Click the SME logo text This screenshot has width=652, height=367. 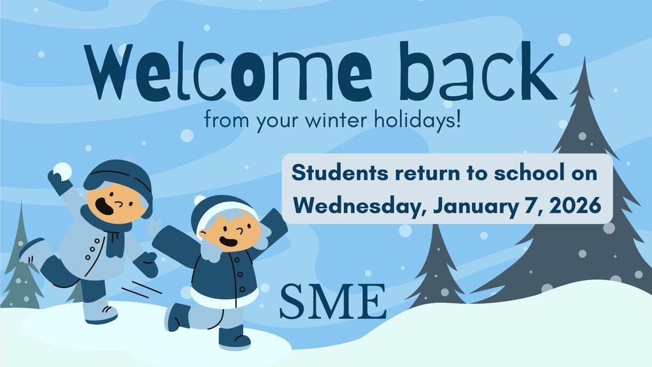pyautogui.click(x=333, y=300)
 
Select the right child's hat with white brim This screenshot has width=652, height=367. pyautogui.click(x=222, y=210)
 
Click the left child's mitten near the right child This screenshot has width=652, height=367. pyautogui.click(x=147, y=263)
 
